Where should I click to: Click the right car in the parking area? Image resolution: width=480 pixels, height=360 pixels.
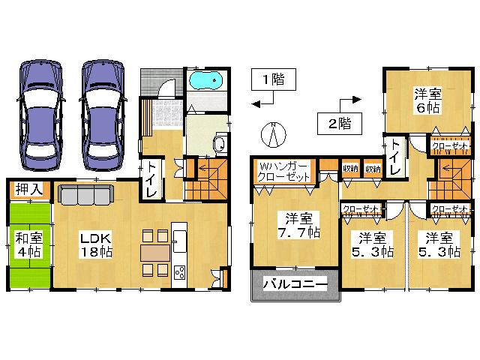[x=102, y=115]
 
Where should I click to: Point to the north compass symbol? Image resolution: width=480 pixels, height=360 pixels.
[x=274, y=135]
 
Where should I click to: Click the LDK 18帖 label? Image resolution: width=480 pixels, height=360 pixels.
[x=97, y=245]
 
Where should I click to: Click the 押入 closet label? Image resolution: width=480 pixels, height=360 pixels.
[x=27, y=190]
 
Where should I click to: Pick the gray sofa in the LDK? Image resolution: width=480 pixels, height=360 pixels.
[x=85, y=195]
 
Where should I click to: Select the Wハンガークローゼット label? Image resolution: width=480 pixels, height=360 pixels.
[x=283, y=171]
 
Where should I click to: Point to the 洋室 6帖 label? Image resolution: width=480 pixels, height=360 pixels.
[x=427, y=99]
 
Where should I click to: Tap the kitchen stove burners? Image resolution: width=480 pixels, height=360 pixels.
[x=180, y=270]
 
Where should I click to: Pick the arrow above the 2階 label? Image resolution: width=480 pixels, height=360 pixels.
[x=349, y=100]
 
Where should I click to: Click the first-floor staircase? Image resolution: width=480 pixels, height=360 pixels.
[x=205, y=180]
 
